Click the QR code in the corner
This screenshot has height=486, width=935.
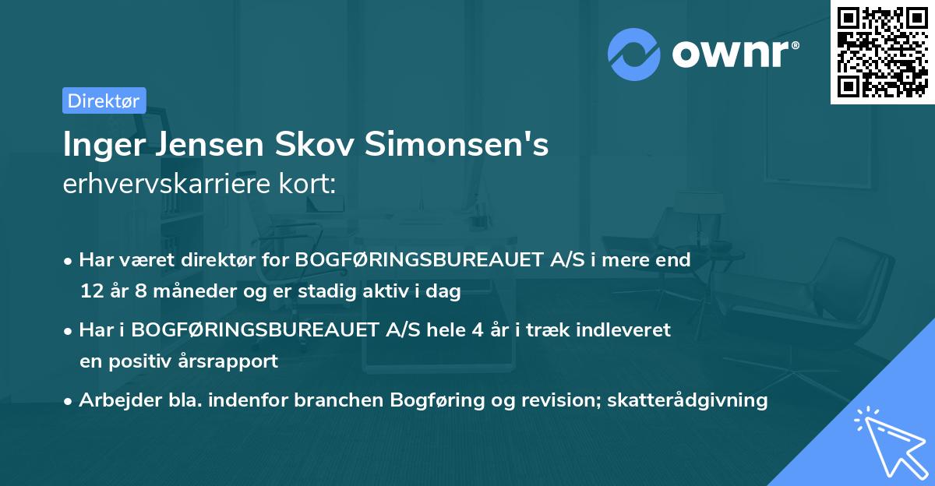(x=882, y=52)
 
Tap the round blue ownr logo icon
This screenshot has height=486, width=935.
(x=634, y=54)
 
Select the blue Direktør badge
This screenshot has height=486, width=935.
(x=104, y=100)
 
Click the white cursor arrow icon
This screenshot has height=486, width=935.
(x=888, y=441)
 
